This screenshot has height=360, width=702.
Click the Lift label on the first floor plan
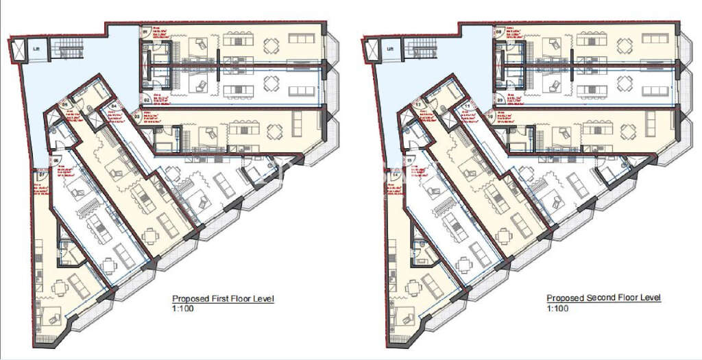coord(36,49)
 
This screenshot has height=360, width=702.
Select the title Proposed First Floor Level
coord(223,299)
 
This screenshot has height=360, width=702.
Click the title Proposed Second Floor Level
coord(603,298)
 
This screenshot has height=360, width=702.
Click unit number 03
coord(137,117)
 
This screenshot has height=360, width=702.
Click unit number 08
coord(498,32)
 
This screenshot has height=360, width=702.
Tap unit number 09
coord(498,99)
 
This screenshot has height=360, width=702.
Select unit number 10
coord(490,117)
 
